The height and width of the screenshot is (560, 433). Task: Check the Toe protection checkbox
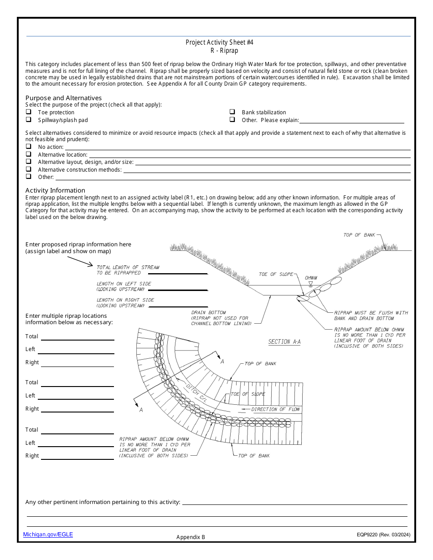pyautogui.click(x=28, y=112)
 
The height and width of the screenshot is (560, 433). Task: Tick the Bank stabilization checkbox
pyautogui.click(x=232, y=112)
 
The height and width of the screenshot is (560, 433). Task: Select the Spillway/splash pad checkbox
pyautogui.click(x=28, y=120)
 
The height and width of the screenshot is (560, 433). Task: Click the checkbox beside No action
pyautogui.click(x=28, y=147)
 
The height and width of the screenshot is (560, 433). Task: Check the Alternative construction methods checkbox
pyautogui.click(x=28, y=169)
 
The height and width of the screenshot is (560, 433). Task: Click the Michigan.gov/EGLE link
pyautogui.click(x=48, y=535)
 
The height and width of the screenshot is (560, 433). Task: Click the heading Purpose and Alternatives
pyautogui.click(x=63, y=98)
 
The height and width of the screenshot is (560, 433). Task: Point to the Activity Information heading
pyautogui.click(x=55, y=190)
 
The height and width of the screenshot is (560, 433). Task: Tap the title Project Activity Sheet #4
pyautogui.click(x=219, y=42)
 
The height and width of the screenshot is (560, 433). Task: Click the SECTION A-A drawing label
pyautogui.click(x=284, y=341)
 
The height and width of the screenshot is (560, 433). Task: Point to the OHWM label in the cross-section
pyautogui.click(x=311, y=278)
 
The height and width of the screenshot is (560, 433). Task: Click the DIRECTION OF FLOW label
pyautogui.click(x=275, y=409)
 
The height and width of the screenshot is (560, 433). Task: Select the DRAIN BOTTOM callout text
pyautogui.click(x=208, y=313)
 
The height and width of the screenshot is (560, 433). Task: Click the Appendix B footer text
pyautogui.click(x=191, y=537)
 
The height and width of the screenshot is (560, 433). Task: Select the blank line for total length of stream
pyautogui.click(x=178, y=274)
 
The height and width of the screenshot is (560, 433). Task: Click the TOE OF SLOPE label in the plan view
pyautogui.click(x=248, y=394)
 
